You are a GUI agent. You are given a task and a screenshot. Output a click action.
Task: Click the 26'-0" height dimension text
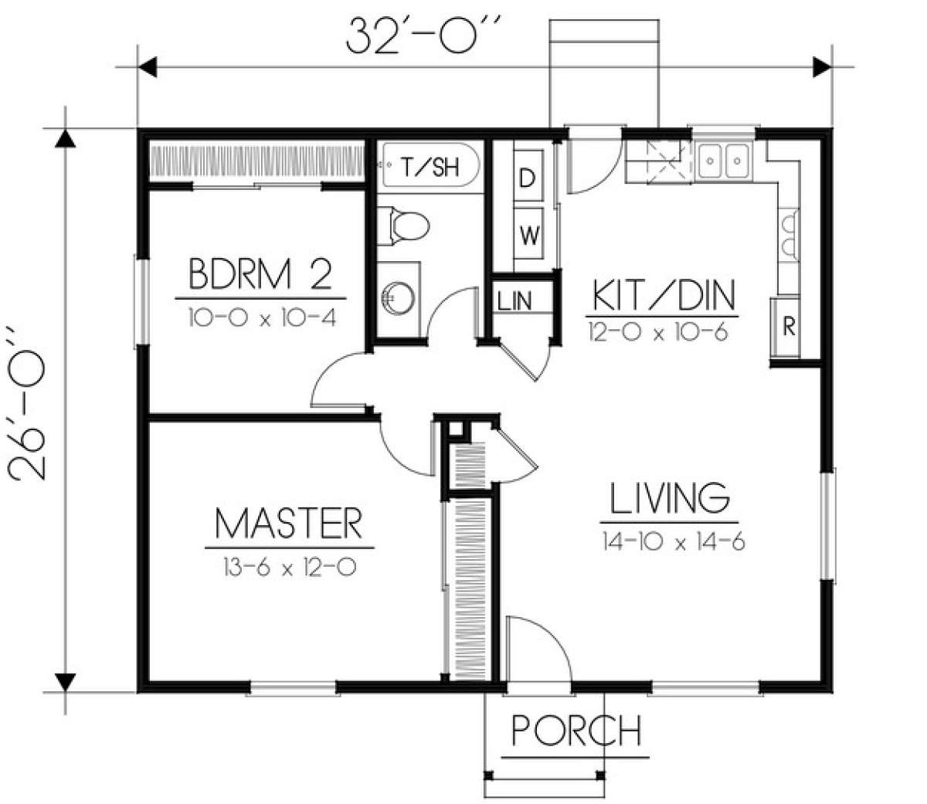(x=26, y=402)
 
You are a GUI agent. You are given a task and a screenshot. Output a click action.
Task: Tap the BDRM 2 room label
(x=260, y=273)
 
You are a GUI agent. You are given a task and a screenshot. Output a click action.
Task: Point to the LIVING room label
(x=670, y=497)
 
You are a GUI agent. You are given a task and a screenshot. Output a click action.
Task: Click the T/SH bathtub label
(x=430, y=167)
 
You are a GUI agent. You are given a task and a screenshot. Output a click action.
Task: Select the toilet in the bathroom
(x=402, y=226)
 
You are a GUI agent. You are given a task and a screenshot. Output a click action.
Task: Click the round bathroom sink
(x=399, y=297)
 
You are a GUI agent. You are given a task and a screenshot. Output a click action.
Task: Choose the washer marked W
(x=528, y=234)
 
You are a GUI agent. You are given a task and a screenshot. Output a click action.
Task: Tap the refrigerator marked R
(x=786, y=326)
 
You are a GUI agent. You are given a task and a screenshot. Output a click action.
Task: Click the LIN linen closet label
(x=514, y=300)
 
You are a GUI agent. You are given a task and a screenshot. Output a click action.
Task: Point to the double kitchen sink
(x=724, y=161)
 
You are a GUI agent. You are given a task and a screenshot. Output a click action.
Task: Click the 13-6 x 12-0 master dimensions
(x=290, y=567)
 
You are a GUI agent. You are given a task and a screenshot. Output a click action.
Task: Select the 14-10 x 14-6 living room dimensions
(x=674, y=541)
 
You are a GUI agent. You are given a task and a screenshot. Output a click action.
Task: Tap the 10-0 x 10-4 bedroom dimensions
(x=263, y=317)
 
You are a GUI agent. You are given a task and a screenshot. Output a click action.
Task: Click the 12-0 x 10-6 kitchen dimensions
(x=658, y=332)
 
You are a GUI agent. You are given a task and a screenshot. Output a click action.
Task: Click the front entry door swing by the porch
(x=551, y=634)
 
